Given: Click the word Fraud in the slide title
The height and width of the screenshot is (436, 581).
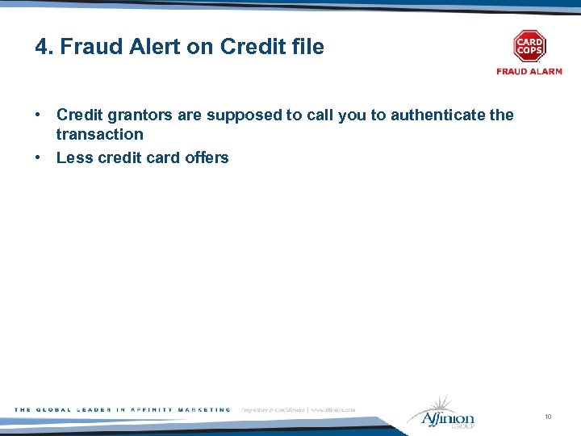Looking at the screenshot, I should click(x=85, y=47).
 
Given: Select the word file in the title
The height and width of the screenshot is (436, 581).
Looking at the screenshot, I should click(x=307, y=47).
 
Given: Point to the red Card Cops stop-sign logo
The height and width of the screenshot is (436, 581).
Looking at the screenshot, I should click(x=529, y=47).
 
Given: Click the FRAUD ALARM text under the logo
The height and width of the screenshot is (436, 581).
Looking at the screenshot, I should click(x=529, y=72).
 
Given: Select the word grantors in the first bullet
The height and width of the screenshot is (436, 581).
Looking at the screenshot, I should click(x=139, y=115).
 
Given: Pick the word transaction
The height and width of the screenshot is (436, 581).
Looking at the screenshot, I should click(x=99, y=135).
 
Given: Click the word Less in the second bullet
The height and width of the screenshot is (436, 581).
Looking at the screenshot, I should click(x=74, y=157).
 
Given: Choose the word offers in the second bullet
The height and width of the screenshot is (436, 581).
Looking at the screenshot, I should click(x=207, y=157).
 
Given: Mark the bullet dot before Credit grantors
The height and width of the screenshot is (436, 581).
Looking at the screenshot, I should click(x=38, y=115).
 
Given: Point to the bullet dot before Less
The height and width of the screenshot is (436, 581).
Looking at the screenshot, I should click(x=38, y=157).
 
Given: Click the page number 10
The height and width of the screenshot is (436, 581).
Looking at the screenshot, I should click(x=548, y=417).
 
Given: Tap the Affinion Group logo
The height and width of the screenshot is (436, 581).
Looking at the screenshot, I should click(x=441, y=413).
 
